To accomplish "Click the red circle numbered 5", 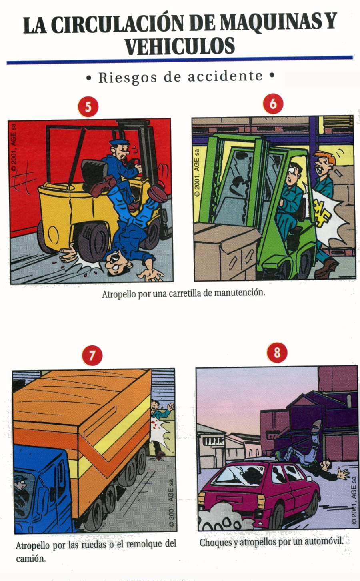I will (88, 107).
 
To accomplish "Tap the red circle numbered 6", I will (273, 104).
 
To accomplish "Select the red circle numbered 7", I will (92, 355).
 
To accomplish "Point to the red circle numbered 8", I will (277, 353).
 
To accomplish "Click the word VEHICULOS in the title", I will (180, 46).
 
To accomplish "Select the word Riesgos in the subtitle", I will (128, 77).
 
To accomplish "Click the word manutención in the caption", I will (239, 293).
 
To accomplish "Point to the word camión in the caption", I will (30, 559).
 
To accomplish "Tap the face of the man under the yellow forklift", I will (114, 263).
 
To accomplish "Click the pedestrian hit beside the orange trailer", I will (160, 424).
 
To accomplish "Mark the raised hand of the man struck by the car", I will (343, 474).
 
